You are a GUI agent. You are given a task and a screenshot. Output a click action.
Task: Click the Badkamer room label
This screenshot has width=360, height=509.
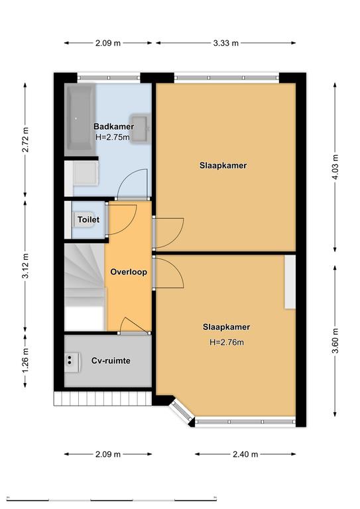tap(113, 127)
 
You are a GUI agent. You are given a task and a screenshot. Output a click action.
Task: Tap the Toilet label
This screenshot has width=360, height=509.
tap(88, 219)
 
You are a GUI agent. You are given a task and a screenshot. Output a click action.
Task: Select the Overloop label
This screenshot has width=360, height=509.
tap(129, 272)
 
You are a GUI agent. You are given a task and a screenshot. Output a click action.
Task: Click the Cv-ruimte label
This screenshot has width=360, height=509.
tap(111, 361)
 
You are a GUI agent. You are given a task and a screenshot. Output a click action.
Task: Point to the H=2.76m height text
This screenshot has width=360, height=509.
tap(227, 342)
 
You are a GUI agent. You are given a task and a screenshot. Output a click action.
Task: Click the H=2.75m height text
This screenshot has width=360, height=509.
tap(113, 137)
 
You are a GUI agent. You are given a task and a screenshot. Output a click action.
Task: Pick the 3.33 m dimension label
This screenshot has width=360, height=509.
tap(225, 43)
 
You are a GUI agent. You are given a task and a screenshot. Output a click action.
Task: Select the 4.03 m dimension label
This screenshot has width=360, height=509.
tap(335, 167)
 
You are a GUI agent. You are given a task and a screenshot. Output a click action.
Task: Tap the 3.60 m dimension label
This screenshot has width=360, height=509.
tap(335, 341)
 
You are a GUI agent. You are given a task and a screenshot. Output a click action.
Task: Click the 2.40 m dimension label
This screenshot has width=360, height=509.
tap(245, 454)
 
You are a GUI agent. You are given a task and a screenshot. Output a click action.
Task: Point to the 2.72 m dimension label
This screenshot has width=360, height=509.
tap(25, 140)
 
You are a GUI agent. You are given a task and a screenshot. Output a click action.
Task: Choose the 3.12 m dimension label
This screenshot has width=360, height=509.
tap(25, 266)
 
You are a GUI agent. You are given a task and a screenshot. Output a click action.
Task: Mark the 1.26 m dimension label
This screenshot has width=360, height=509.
tap(25, 361)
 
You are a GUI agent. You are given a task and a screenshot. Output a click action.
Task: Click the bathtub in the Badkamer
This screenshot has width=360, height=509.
tap(80, 119)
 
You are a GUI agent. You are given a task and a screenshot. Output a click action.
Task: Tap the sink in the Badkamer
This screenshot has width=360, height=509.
tap(141, 127)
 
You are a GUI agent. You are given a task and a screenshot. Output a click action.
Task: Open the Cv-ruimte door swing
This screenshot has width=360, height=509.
tap(133, 325)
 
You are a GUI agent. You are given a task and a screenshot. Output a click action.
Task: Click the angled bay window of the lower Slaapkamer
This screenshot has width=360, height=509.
tap(182, 412)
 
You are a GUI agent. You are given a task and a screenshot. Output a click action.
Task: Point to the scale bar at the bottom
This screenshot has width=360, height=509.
tap(111, 498)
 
